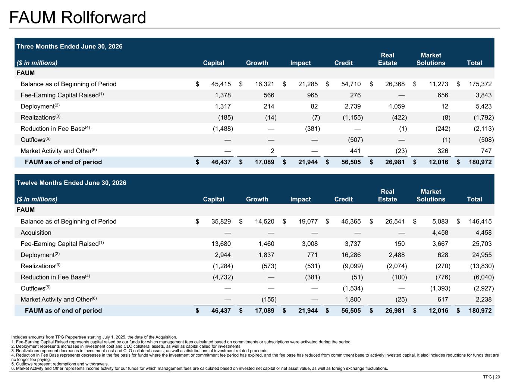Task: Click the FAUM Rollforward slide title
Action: pyautogui.click(x=78, y=18)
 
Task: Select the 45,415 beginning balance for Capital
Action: pyautogui.click(x=221, y=84)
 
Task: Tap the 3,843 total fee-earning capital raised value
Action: pyautogui.click(x=483, y=95)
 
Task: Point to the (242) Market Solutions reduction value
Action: pyautogui.click(x=443, y=128)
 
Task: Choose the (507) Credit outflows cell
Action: pyautogui.click(x=355, y=140)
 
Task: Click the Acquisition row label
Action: pyautogui.click(x=36, y=233)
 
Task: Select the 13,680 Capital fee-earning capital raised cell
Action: pyautogui.click(x=221, y=244)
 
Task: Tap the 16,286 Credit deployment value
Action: pyautogui.click(x=351, y=255)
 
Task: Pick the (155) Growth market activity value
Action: pyautogui.click(x=269, y=300)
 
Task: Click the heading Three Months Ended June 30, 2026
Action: pyautogui.click(x=69, y=46)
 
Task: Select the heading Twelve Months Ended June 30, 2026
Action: pyautogui.click(x=71, y=183)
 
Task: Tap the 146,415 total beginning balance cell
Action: pyautogui.click(x=480, y=222)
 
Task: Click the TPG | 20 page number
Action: pyautogui.click(x=491, y=377)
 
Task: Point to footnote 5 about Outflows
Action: pyautogui.click(x=60, y=364)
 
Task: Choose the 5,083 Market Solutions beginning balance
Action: pyautogui.click(x=440, y=222)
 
